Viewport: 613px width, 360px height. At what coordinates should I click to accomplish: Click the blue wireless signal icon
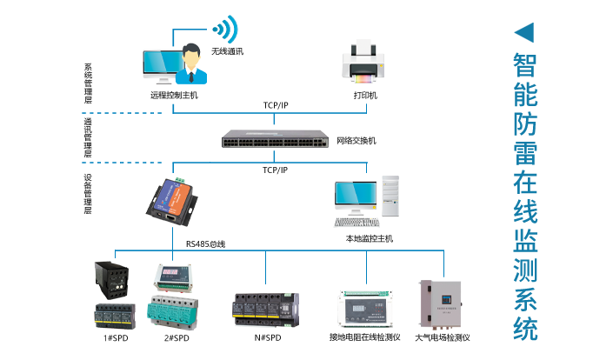[x=224, y=30]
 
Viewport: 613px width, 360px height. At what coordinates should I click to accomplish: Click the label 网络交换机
[x=356, y=140]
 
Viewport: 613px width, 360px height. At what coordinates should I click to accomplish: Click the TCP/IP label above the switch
[x=276, y=105]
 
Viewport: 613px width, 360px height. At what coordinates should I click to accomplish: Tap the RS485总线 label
[x=205, y=244]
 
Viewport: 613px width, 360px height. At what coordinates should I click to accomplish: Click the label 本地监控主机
[x=369, y=237]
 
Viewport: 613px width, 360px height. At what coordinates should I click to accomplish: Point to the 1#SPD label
[x=115, y=337]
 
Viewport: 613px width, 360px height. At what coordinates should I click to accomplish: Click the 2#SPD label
[x=176, y=337]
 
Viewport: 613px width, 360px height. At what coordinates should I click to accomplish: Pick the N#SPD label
[x=265, y=337]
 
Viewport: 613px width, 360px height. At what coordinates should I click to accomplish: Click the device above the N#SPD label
[x=265, y=308]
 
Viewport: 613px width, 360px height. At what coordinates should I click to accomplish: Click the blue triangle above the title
[x=523, y=33]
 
